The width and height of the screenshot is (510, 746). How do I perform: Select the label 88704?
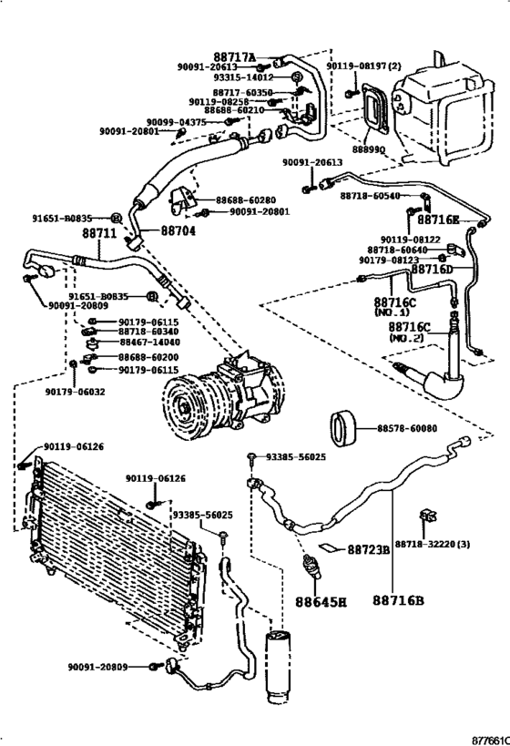click(x=178, y=231)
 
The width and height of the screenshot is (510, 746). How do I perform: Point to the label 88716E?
click(x=439, y=220)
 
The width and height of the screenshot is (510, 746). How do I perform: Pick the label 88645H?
click(x=320, y=601)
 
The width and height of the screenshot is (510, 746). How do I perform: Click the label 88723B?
click(x=368, y=549)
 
